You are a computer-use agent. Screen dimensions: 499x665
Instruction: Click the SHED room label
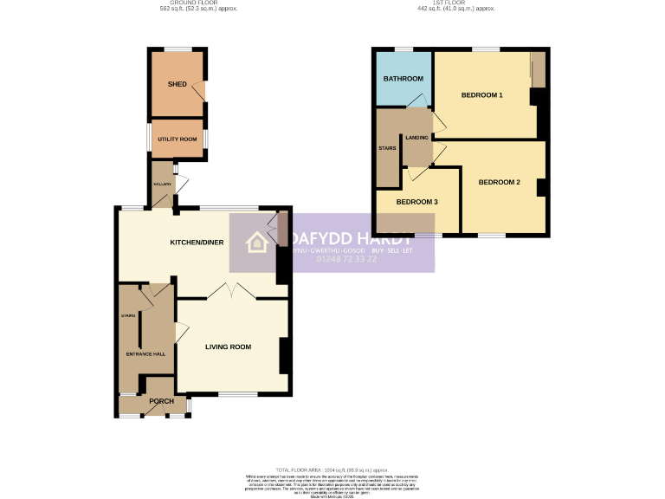[x=177, y=84]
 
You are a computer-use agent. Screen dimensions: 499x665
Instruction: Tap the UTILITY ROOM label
[x=177, y=139]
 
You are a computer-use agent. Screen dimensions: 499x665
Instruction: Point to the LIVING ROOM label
[x=228, y=347]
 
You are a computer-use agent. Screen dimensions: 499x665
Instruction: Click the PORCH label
[x=161, y=401]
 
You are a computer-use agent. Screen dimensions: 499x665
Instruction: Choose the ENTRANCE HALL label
[x=145, y=353]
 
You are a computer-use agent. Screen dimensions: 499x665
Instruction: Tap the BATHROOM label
[x=404, y=79]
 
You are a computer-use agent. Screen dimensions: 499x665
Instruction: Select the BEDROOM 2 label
[x=499, y=182]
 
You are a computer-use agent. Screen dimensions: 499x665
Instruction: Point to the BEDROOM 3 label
[x=416, y=202]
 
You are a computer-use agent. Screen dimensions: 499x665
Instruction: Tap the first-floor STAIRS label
[x=387, y=148]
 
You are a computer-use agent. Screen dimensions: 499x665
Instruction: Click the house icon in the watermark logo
[x=258, y=243]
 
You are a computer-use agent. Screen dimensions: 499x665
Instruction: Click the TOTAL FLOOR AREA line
[x=333, y=469]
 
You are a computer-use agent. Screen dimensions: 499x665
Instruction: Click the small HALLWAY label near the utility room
[x=162, y=184]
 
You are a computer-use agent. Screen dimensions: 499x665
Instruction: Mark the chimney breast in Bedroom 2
[x=540, y=187]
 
